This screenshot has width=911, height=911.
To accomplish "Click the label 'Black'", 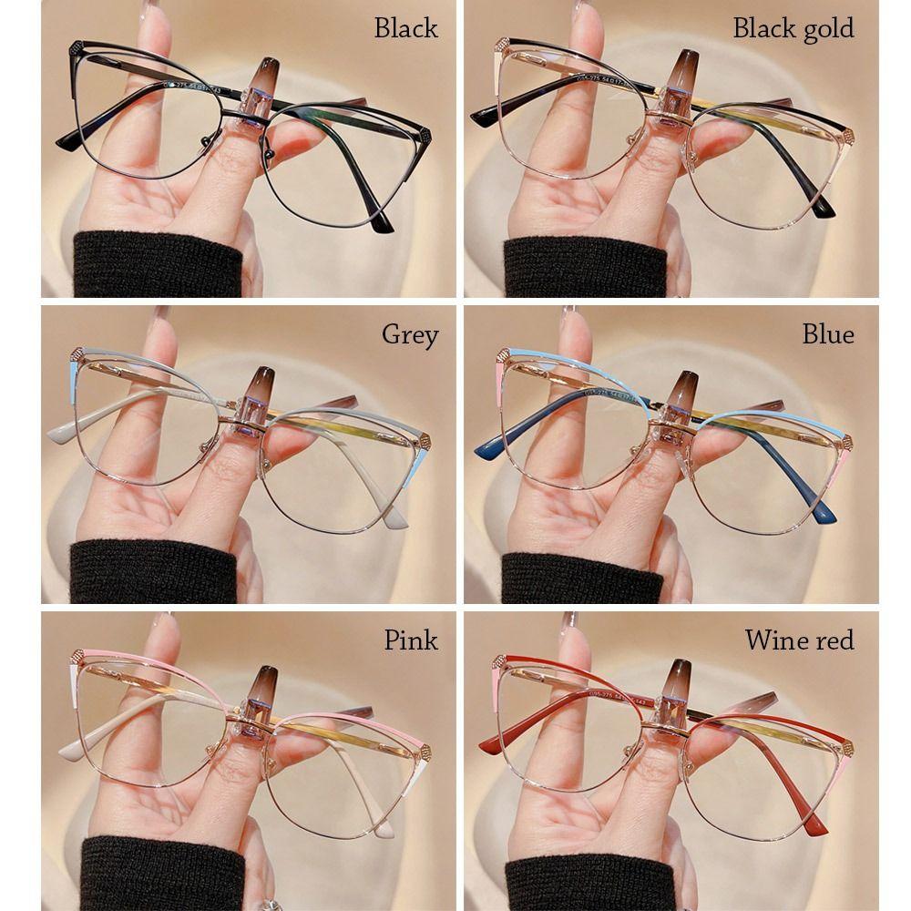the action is [x=405, y=28].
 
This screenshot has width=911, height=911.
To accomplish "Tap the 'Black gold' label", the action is [x=793, y=29].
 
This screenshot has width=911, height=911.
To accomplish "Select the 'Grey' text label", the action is [x=410, y=335].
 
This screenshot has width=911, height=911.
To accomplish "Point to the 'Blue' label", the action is [x=828, y=334].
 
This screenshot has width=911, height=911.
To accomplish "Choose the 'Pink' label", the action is [x=411, y=640].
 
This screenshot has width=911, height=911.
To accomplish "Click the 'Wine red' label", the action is [x=800, y=640].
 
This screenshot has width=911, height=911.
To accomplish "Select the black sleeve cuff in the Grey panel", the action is [x=152, y=572].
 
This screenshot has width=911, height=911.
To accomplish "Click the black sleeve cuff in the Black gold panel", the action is [x=585, y=267].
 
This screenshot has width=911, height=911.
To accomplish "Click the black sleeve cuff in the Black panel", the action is [x=158, y=264].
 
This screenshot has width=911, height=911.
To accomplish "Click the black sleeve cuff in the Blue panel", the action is [x=581, y=578].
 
